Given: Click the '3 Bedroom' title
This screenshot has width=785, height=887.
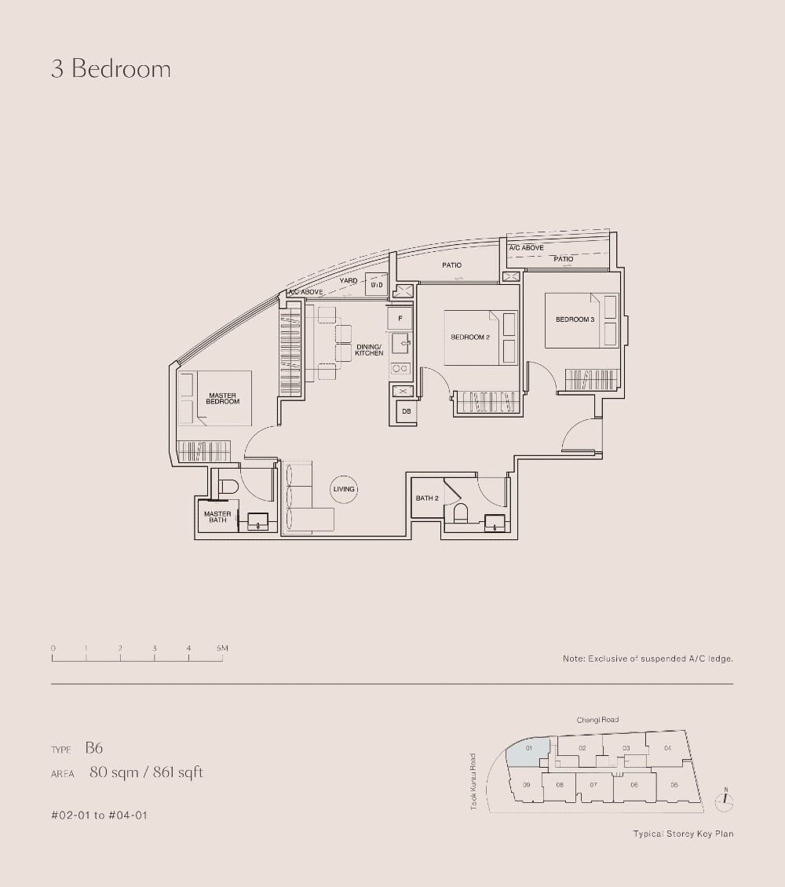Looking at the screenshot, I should pyautogui.click(x=111, y=69).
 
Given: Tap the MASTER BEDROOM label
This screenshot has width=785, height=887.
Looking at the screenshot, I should pyautogui.click(x=223, y=399).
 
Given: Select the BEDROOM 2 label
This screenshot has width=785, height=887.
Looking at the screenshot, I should pyautogui.click(x=470, y=337).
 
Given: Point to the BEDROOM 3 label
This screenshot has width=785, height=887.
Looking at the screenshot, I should pyautogui.click(x=575, y=319).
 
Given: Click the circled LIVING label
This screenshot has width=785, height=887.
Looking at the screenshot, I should pyautogui.click(x=344, y=489).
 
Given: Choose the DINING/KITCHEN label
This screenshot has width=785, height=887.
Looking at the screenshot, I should pyautogui.click(x=369, y=350).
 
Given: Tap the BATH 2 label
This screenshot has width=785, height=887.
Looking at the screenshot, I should pyautogui.click(x=427, y=498).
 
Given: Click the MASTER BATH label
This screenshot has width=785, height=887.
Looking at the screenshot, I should pyautogui.click(x=217, y=517).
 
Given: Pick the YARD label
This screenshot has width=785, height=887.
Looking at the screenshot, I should pyautogui.click(x=349, y=280).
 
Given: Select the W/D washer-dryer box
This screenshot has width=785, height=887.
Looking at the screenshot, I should pyautogui.click(x=377, y=285).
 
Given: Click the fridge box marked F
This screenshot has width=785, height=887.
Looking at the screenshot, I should pyautogui.click(x=400, y=318).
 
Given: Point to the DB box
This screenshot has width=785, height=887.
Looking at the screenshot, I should pyautogui.click(x=406, y=411).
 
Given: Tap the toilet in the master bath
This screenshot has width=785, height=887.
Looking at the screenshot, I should pyautogui.click(x=227, y=487).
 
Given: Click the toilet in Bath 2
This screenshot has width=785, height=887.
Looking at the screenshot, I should pyautogui.click(x=460, y=514).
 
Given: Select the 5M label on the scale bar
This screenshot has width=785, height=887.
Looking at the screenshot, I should pyautogui.click(x=222, y=648).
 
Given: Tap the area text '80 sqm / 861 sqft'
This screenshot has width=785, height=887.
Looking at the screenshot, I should pyautogui.click(x=146, y=772).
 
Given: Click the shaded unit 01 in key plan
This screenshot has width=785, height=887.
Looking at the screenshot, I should pyautogui.click(x=527, y=751).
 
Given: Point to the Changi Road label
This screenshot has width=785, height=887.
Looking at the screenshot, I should pyautogui.click(x=597, y=720).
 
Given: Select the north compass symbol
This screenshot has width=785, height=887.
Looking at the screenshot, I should pyautogui.click(x=726, y=800).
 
